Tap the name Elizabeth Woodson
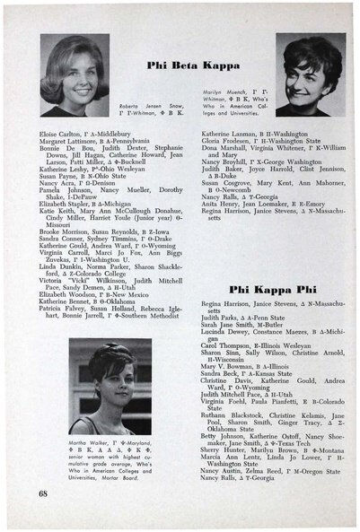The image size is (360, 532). coord(66,293)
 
